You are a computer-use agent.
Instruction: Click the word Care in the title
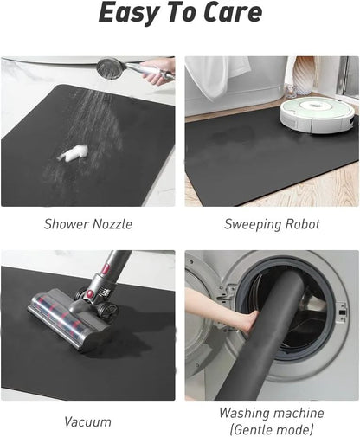[x=229, y=14]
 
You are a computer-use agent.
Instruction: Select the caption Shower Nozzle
[x=88, y=224]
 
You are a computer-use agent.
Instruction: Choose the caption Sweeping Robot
[x=272, y=224]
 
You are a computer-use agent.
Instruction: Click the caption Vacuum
[x=87, y=422]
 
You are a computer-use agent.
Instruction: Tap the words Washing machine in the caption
[x=271, y=414]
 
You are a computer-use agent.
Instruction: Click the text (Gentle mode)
[x=271, y=430]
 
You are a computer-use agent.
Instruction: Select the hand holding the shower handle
[x=159, y=72]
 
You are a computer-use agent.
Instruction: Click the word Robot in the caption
[x=299, y=224]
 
